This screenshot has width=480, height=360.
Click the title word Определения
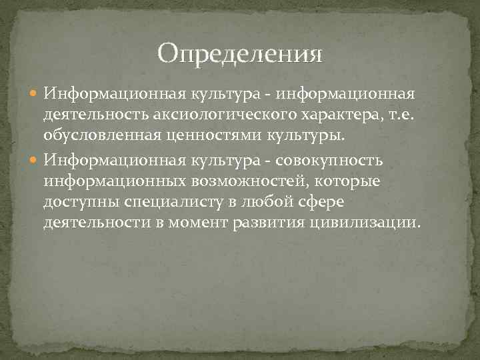tap(240, 53)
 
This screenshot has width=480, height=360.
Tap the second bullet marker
tap(35, 161)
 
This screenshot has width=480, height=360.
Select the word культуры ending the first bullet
tap(307, 138)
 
